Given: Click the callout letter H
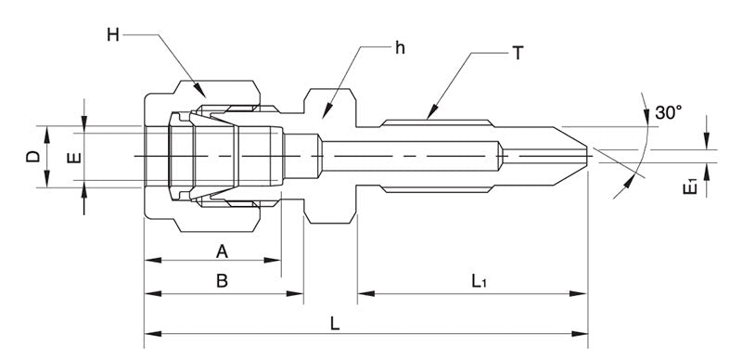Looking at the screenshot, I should (x=113, y=35).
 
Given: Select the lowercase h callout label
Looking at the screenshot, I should (x=399, y=48).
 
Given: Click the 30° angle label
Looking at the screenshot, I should (x=668, y=112).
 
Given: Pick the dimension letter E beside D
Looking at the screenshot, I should (x=75, y=157).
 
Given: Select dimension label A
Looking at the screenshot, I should (x=222, y=251).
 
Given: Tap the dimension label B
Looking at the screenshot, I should (x=222, y=281).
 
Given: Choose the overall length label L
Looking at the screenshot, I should (x=335, y=324).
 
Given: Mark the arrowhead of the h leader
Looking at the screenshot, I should (x=323, y=117).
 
